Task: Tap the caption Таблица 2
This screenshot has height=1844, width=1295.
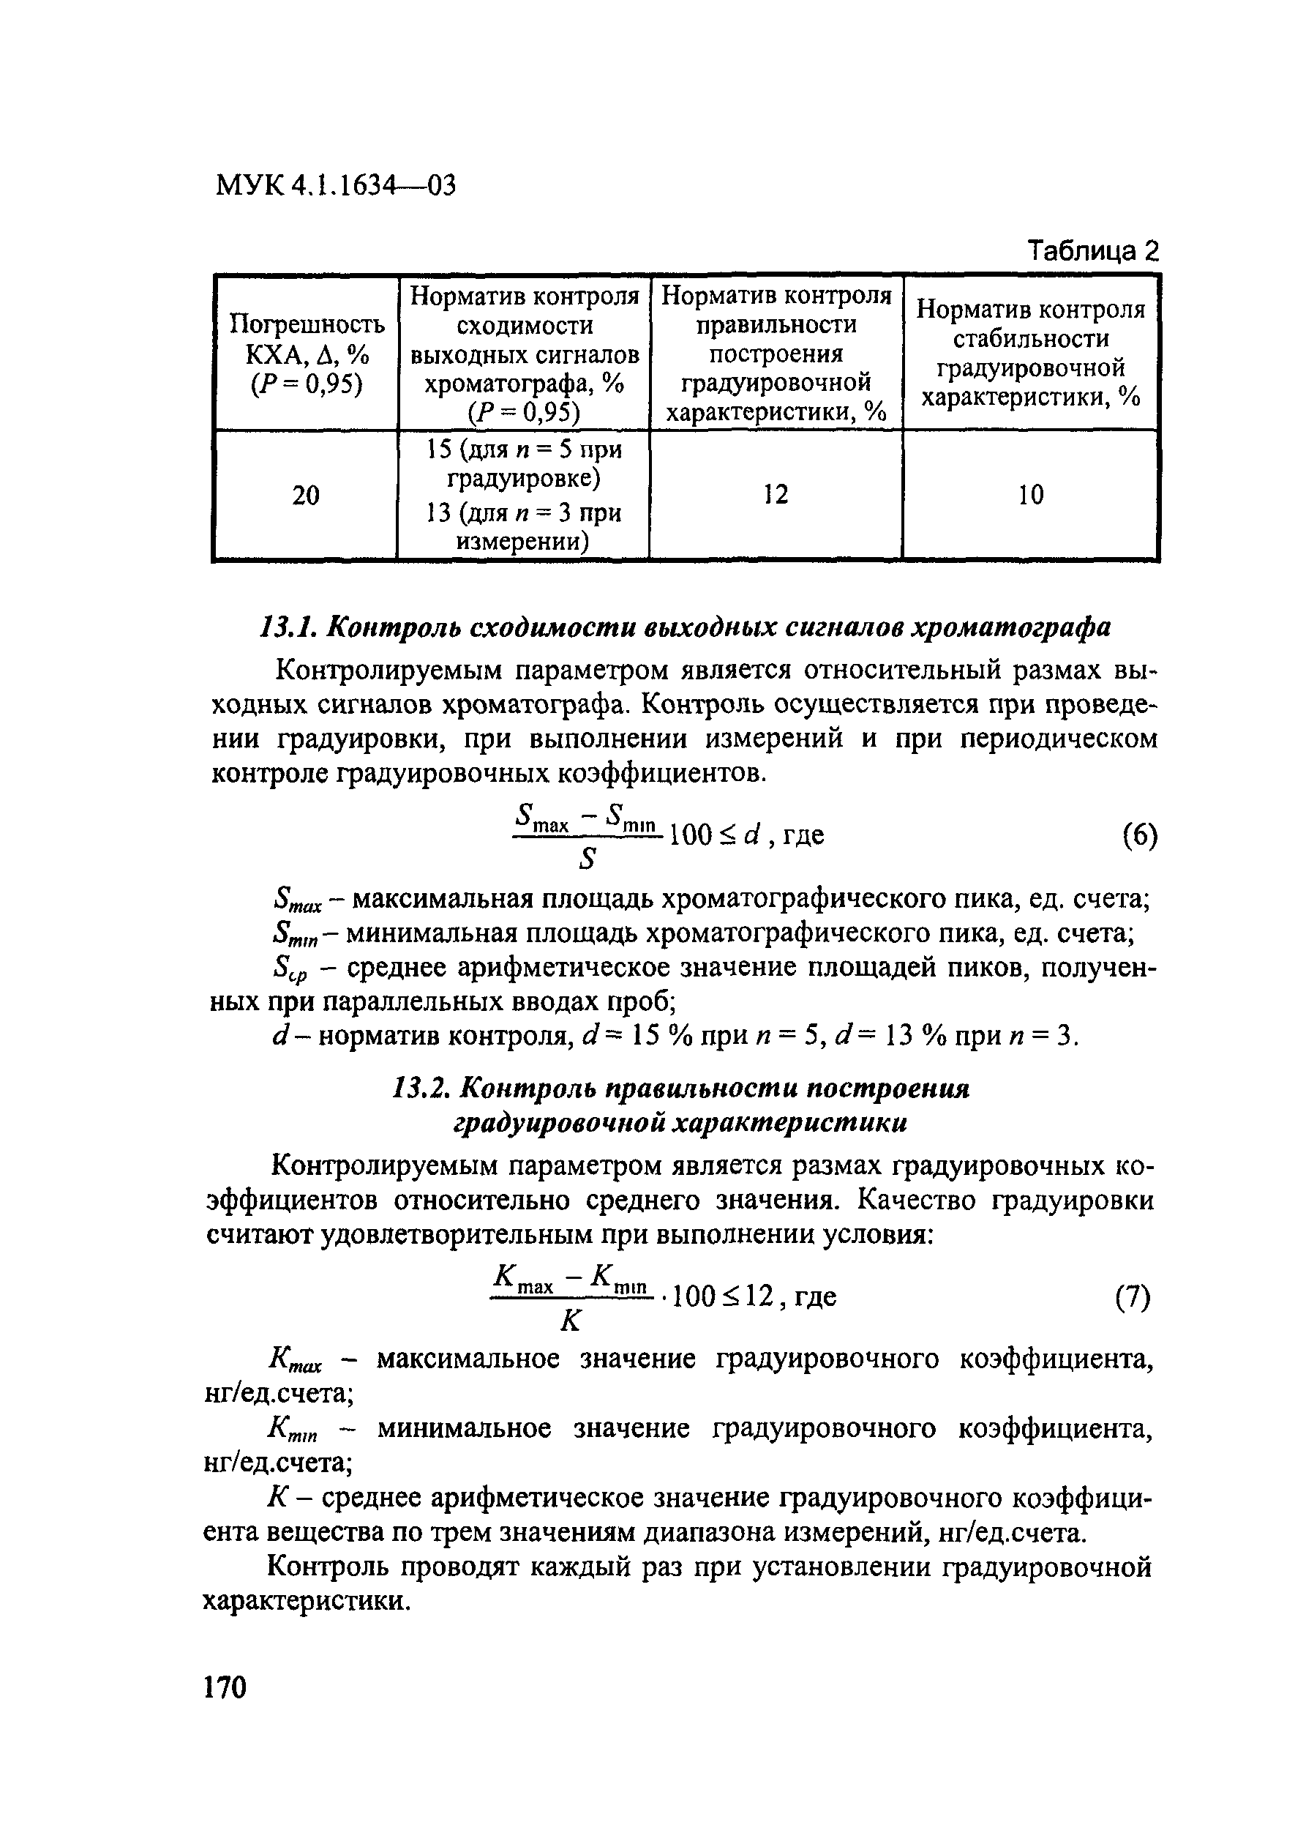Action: pyautogui.click(x=1094, y=251)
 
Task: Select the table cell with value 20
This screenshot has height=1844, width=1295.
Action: pyautogui.click(x=305, y=496)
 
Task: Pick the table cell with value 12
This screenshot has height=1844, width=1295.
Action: pyautogui.click(x=776, y=494)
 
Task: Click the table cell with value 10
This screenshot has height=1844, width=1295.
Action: pyautogui.click(x=1030, y=495)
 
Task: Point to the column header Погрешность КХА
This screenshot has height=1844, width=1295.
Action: pyautogui.click(x=306, y=354)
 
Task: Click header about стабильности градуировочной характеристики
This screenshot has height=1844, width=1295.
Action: pyautogui.click(x=1031, y=354)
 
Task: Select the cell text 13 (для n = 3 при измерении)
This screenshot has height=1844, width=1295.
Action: pyautogui.click(x=522, y=527)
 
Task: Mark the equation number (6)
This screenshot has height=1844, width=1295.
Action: pyautogui.click(x=1139, y=837)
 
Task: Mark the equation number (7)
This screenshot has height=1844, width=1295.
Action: pyautogui.click(x=1133, y=1297)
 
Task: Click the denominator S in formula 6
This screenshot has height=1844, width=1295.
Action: pyautogui.click(x=588, y=860)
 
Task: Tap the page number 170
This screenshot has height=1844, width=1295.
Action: pyautogui.click(x=225, y=1688)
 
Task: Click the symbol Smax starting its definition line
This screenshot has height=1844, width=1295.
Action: pyautogui.click(x=296, y=901)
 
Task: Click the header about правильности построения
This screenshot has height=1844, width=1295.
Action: pyautogui.click(x=776, y=354)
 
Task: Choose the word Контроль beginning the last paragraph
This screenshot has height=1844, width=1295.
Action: pyautogui.click(x=327, y=1567)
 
